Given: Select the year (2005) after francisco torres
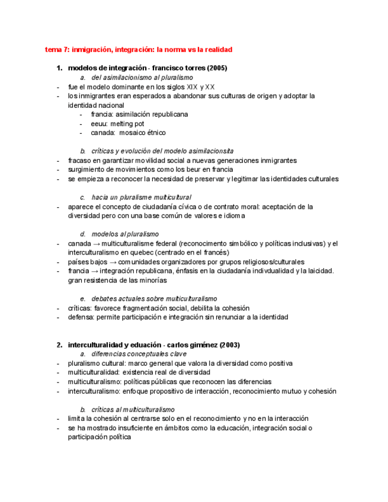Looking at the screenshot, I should (x=216, y=68).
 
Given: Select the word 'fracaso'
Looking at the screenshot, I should (x=80, y=160).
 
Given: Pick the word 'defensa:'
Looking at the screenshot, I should (x=82, y=317).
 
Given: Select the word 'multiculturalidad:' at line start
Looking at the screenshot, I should (x=94, y=372).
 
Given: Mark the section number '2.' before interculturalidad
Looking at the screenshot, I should (x=59, y=345).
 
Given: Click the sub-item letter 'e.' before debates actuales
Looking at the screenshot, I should (x=83, y=299).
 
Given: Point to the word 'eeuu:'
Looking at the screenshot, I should (x=100, y=124).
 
